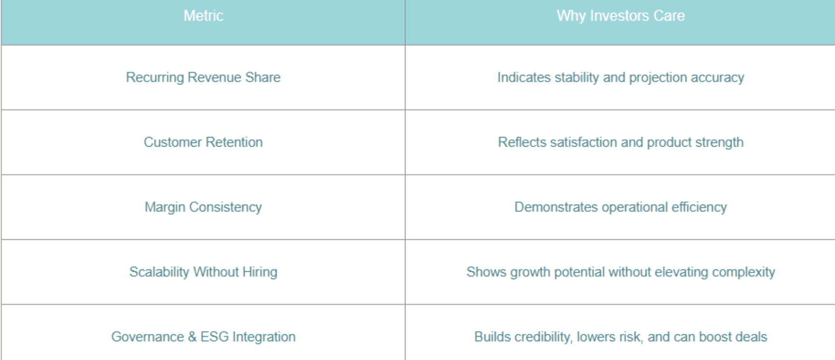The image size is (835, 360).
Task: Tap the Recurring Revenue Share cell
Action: (203, 78)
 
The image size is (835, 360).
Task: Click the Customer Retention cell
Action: (203, 142)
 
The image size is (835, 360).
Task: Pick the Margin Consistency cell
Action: (203, 208)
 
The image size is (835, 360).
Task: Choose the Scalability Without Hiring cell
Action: (203, 272)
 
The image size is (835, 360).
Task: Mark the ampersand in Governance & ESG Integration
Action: (192, 337)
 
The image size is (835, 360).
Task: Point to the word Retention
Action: (234, 142)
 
